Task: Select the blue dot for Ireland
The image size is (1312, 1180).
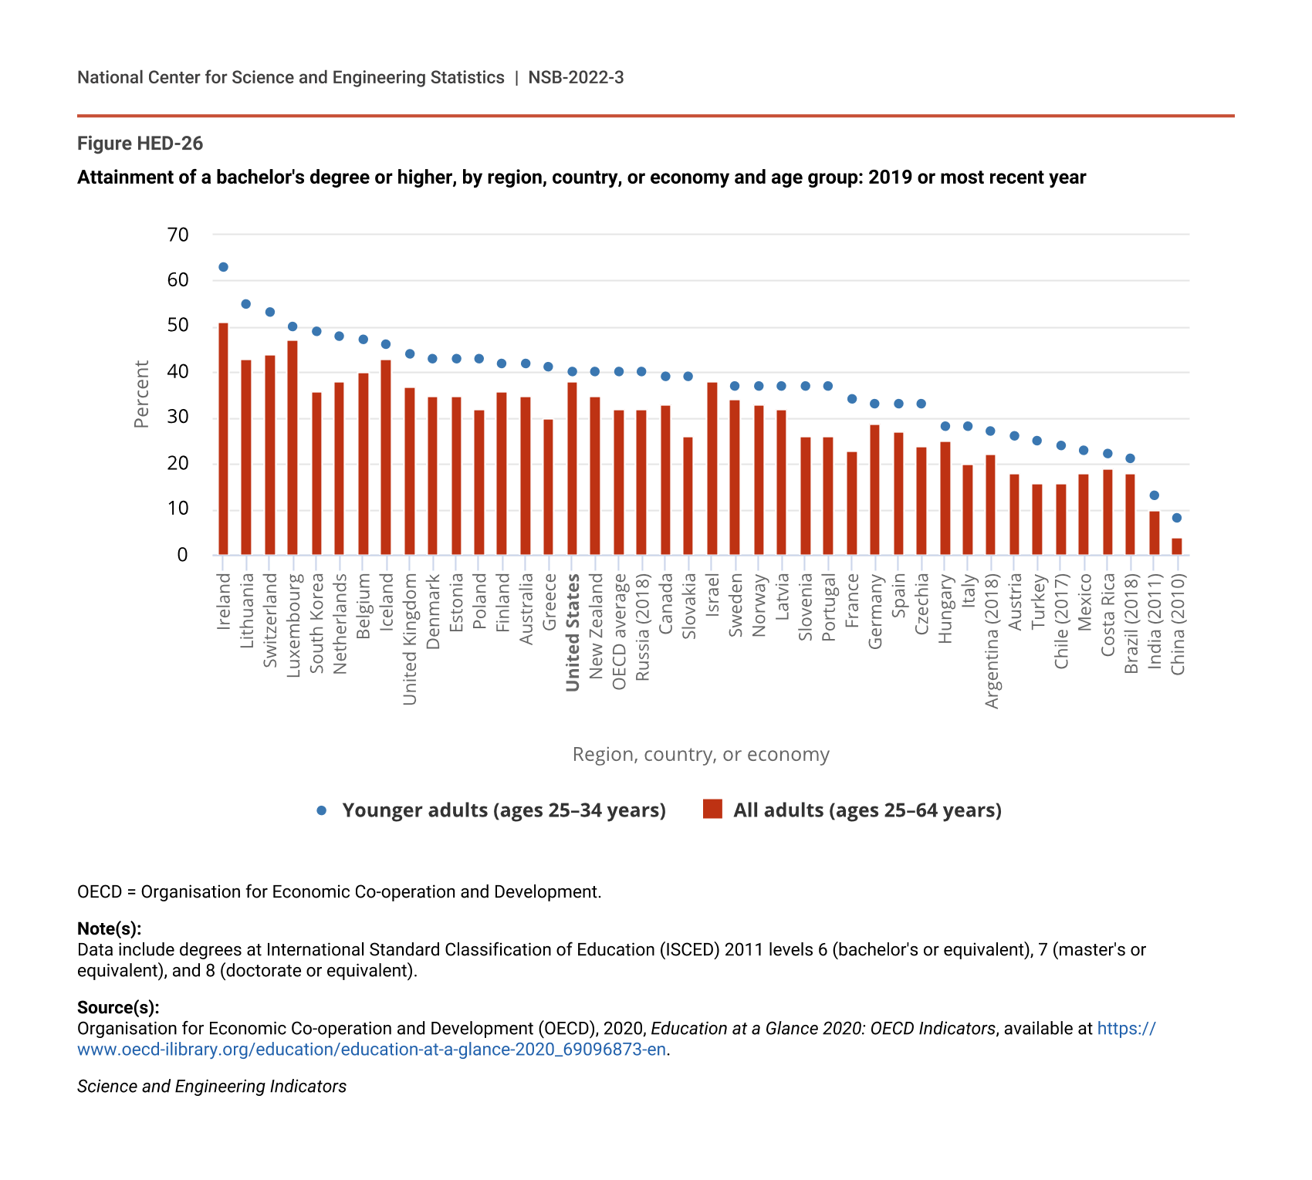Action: (223, 267)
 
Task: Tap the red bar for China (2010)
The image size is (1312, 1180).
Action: (1177, 546)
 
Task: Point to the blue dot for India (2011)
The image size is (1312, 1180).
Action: (1155, 495)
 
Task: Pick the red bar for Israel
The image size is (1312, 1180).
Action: (712, 468)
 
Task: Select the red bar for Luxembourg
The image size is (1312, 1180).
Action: (292, 448)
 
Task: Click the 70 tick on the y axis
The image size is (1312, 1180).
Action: (178, 235)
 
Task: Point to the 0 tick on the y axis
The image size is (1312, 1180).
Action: (182, 555)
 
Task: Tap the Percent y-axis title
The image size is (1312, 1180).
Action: (141, 394)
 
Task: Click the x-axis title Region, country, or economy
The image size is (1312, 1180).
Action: (701, 754)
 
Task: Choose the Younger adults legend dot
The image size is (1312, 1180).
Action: (322, 810)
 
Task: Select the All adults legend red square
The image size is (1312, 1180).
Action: (712, 810)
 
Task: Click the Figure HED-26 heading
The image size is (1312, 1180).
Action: (140, 144)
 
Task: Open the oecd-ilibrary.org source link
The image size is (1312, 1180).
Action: (371, 1050)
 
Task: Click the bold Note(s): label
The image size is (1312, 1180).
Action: (109, 928)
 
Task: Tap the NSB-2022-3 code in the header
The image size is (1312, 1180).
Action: (576, 77)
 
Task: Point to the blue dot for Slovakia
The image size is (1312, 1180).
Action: (688, 377)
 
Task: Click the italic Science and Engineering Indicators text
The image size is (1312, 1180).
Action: (211, 1087)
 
